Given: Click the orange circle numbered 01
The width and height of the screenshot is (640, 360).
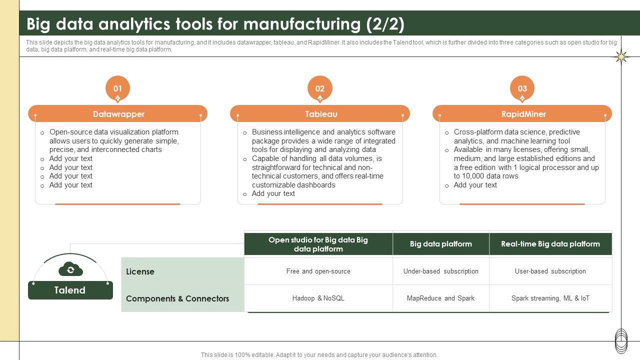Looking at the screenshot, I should coord(117,88).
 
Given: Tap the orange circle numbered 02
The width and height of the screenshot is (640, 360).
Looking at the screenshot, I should coord(320,88).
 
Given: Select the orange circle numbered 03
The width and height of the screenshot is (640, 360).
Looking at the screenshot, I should coord(522,88).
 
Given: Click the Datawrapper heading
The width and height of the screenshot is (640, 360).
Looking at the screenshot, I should coord(118,114).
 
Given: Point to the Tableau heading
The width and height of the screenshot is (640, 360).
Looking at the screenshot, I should coord(321,114).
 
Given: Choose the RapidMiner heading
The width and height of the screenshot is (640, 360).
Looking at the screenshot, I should coord(523,114).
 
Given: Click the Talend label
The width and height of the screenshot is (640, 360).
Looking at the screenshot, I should coord(70,290).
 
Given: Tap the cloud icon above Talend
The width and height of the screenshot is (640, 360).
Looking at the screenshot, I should coord(70,270).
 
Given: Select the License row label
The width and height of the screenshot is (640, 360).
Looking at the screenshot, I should coord(140,271).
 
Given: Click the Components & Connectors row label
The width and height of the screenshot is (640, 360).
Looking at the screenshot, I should coord(177,298).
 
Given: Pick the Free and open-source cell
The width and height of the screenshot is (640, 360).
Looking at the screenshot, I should coord(318,271).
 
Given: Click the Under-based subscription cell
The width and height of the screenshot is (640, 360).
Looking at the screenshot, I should coord(441,271).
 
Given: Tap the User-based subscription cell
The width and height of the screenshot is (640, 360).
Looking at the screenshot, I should coord(550,271).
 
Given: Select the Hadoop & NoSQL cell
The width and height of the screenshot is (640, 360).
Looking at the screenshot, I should coord(318,298).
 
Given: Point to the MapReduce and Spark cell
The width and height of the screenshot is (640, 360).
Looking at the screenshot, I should coord(441,298).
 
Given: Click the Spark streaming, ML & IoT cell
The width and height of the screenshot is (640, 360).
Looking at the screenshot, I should coord(550,298).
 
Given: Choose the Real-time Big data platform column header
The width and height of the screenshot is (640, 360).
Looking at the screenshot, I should coord(550,244).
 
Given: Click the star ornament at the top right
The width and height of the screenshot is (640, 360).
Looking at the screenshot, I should coord(621,57).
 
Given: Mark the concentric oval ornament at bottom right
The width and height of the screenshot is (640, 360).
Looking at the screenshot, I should coord(621,341).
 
